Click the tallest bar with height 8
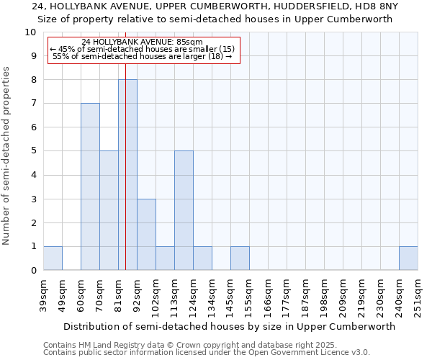point(127,175)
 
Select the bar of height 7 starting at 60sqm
point(90,186)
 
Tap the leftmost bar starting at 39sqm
point(53,258)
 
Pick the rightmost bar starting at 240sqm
point(408,258)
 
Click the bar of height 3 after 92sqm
point(146,234)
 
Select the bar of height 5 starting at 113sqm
point(184,210)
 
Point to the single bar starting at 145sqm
point(240,258)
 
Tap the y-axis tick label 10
point(30,32)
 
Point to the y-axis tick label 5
point(33,151)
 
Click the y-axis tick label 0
point(33,271)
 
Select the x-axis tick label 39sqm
point(44,295)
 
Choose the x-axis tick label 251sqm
point(418,295)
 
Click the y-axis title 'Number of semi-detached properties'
point(7,156)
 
